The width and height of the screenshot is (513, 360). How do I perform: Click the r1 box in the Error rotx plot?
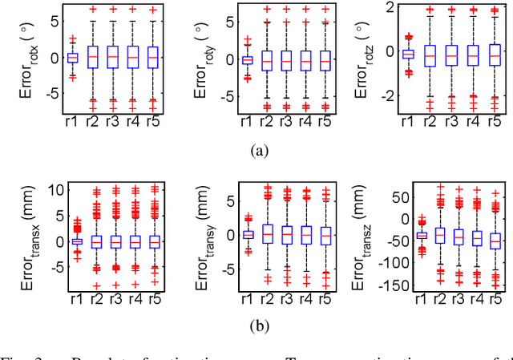(x=72, y=57)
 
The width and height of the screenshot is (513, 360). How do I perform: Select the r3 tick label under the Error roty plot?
(x=284, y=121)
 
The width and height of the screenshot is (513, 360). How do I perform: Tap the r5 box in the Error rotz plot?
(x=495, y=55)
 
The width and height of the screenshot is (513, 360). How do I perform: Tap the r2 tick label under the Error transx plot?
(x=96, y=297)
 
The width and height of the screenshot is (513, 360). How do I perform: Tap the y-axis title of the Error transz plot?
(x=361, y=238)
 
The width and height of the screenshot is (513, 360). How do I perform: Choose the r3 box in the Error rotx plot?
(x=113, y=57)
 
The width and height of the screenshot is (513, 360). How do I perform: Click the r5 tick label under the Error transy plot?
(x=325, y=297)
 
